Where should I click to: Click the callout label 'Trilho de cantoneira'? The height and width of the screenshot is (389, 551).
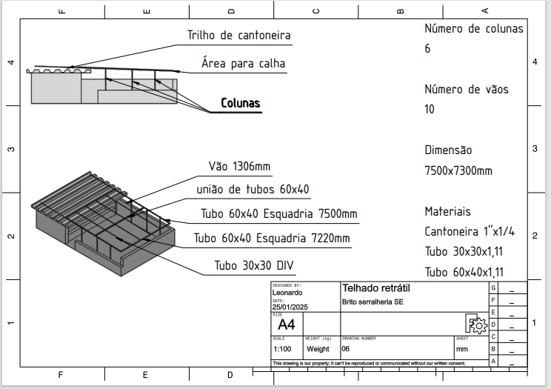(238, 36)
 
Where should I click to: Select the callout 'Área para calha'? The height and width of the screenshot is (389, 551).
(242, 64)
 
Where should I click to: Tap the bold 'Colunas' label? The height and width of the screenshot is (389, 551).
(241, 103)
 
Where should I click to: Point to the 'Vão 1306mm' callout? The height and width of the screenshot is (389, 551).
(238, 166)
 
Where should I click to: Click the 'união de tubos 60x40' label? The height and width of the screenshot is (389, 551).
(253, 190)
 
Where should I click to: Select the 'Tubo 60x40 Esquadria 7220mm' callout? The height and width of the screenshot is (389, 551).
(271, 239)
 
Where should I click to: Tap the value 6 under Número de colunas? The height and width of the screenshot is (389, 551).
(427, 49)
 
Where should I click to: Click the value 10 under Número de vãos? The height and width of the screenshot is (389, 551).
(430, 110)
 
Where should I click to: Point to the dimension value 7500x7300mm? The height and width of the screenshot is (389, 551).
(458, 170)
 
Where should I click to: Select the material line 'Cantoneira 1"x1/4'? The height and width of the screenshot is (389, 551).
(470, 231)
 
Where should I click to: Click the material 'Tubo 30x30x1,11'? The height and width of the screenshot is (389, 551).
(464, 251)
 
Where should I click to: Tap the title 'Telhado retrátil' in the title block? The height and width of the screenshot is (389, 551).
(375, 287)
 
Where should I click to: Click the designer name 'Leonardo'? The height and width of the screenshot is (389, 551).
(287, 293)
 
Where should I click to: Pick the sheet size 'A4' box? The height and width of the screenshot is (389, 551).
(286, 325)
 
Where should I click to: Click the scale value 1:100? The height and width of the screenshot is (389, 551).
(281, 349)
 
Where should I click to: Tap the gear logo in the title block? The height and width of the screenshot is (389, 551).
(475, 324)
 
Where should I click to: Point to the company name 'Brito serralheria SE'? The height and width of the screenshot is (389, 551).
(373, 302)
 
